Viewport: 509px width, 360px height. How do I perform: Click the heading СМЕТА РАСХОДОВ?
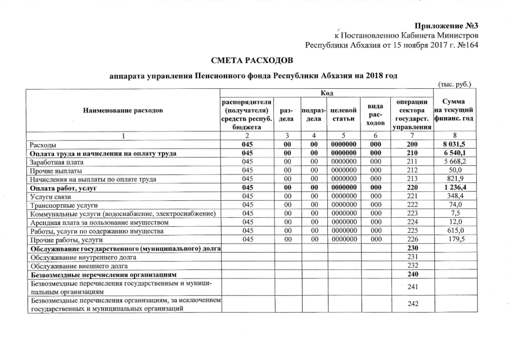(x=252, y=60)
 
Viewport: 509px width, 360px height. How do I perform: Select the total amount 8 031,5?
(x=456, y=145)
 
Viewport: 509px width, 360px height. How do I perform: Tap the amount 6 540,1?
(x=456, y=154)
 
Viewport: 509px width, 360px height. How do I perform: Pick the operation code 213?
(x=413, y=179)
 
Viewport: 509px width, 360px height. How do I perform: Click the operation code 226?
(x=413, y=240)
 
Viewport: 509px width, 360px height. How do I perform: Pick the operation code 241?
(x=413, y=288)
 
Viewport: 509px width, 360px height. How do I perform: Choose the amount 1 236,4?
(x=456, y=188)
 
